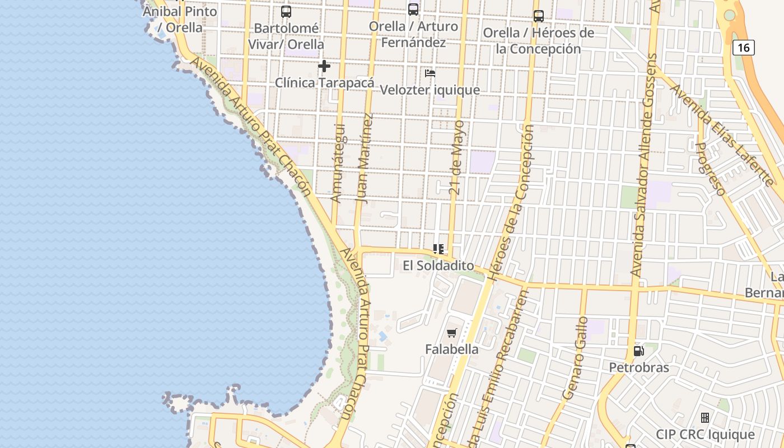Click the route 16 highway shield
click(744, 48)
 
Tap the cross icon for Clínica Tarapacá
click(324, 67)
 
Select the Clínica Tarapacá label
click(324, 83)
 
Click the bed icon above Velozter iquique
click(430, 73)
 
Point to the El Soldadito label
click(438, 265)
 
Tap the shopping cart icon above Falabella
click(452, 333)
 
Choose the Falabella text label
click(452, 349)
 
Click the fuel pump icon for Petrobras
click(638, 352)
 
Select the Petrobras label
click(639, 368)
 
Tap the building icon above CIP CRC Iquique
click(705, 418)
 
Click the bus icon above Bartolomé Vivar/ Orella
click(286, 11)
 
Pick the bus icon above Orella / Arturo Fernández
click(413, 9)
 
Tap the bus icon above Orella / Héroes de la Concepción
click(539, 16)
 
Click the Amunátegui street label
click(338, 162)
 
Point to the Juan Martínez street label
click(364, 158)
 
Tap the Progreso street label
click(710, 168)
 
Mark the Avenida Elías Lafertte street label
click(722, 134)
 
